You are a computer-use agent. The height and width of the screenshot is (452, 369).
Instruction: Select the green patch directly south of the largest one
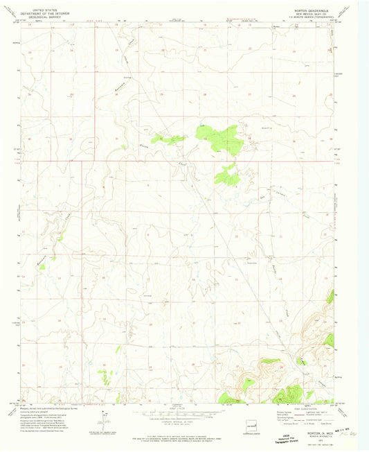point(226,175)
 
